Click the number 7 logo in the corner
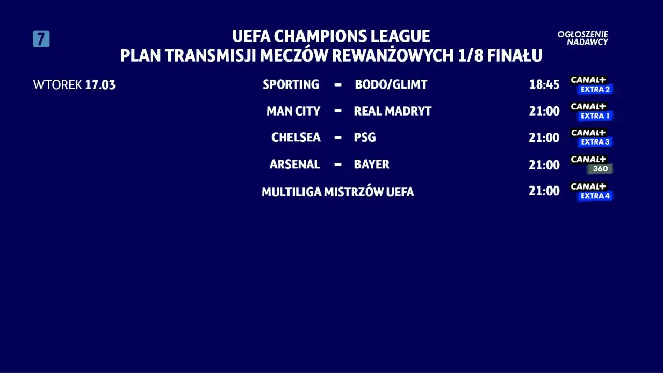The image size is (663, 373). pyautogui.click(x=41, y=39)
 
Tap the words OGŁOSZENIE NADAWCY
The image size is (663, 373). pyautogui.click(x=583, y=38)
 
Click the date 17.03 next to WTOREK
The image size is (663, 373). pyautogui.click(x=100, y=85)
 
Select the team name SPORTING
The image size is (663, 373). pyautogui.click(x=291, y=84)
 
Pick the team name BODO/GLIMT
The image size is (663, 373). pyautogui.click(x=391, y=84)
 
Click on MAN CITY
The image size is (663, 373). pyautogui.click(x=293, y=111)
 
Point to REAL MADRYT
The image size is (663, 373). pyautogui.click(x=393, y=111)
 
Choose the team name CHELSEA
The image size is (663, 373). pyautogui.click(x=296, y=137)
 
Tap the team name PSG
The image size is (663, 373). pyautogui.click(x=365, y=137)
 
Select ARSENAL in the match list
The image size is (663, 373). pyautogui.click(x=295, y=164)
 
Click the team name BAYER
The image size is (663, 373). pyautogui.click(x=371, y=164)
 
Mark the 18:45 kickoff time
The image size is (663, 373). pyautogui.click(x=544, y=85)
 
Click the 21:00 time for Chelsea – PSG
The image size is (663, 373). pyautogui.click(x=544, y=138)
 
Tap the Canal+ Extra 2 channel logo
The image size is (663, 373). pyautogui.click(x=591, y=85)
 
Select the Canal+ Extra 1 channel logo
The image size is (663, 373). pyautogui.click(x=591, y=111)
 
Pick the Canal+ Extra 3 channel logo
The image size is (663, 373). pyautogui.click(x=591, y=137)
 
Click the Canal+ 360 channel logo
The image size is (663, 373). pyautogui.click(x=591, y=164)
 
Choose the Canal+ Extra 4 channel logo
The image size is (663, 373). pyautogui.click(x=591, y=191)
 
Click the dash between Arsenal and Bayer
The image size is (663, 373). pyautogui.click(x=338, y=164)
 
